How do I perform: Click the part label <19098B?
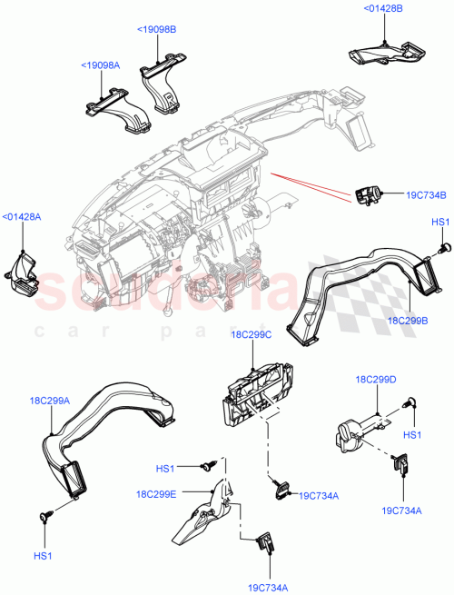coord(157,30)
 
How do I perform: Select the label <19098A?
coord(100,65)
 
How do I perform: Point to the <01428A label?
coord(21,216)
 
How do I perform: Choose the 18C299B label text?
coord(408,322)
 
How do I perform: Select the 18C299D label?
coord(374,379)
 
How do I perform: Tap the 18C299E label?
coord(156,494)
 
